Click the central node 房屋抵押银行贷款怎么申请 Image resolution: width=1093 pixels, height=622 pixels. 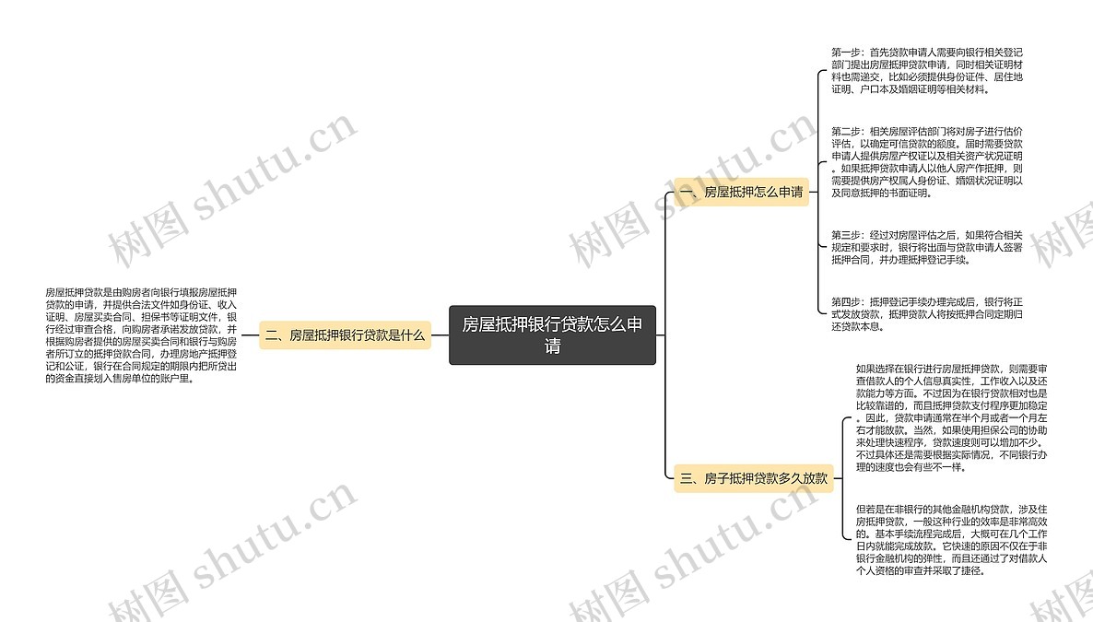click(552, 334)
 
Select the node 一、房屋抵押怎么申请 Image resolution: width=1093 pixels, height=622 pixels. click(742, 192)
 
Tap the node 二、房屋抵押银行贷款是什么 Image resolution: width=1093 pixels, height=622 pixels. click(345, 335)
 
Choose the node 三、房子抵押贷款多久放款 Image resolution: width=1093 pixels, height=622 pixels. click(754, 477)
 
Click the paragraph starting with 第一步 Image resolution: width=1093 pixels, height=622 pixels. click(926, 70)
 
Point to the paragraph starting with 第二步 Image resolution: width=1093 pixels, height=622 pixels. click(926, 162)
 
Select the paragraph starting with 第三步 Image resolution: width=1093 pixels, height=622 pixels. click(926, 247)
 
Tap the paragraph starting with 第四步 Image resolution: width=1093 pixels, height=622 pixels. click(926, 313)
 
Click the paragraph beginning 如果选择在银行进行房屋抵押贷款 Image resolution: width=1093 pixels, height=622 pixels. click(951, 417)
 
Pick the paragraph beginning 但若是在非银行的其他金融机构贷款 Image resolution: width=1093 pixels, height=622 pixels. click(951, 539)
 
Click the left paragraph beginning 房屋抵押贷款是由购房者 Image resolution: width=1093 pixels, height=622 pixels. click(141, 334)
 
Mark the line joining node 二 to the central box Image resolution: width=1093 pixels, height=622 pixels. click(440, 335)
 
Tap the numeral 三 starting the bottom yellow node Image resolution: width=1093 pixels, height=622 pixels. click(686, 477)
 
